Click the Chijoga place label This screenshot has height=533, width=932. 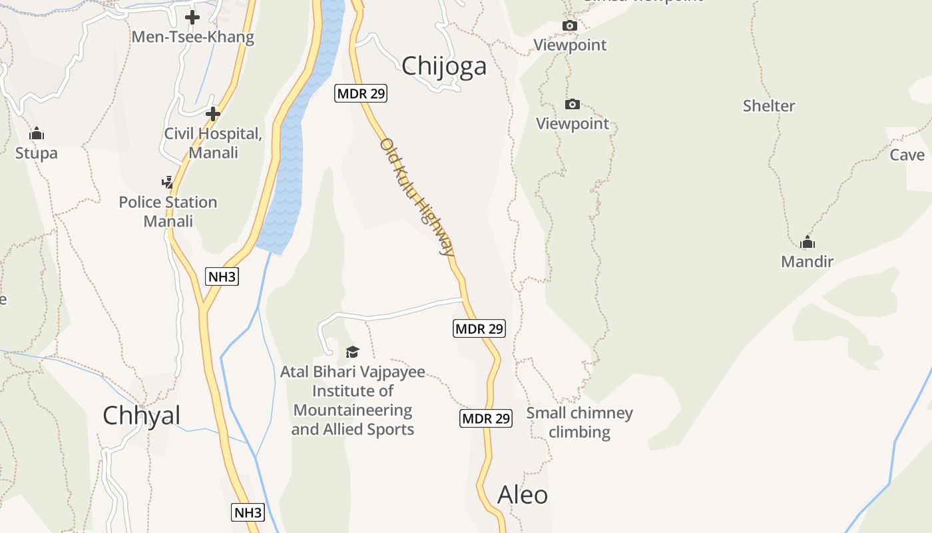tap(444, 66)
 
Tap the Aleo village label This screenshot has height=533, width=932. tap(523, 495)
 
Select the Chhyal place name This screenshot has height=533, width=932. tap(141, 416)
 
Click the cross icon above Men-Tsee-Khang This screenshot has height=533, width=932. tap(192, 17)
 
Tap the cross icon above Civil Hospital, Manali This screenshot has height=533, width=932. tap(213, 114)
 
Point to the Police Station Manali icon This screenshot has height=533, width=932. tap(168, 182)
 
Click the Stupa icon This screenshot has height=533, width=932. tap(37, 134)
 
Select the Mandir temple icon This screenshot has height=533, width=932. tap(808, 242)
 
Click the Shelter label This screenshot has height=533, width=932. tap(769, 106)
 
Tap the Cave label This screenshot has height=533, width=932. tap(907, 155)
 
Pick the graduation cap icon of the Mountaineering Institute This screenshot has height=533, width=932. tap(352, 352)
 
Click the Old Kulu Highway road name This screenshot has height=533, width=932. tap(418, 198)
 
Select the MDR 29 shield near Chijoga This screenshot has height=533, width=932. tap(361, 94)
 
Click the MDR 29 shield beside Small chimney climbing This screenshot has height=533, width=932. tap(486, 418)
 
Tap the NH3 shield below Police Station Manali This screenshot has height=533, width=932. tap(222, 276)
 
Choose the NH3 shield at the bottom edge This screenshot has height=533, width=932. tap(248, 512)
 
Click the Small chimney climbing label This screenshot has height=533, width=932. tap(579, 422)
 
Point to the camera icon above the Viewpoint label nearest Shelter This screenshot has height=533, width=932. tap(573, 105)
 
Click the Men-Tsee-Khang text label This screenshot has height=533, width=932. tap(193, 37)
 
